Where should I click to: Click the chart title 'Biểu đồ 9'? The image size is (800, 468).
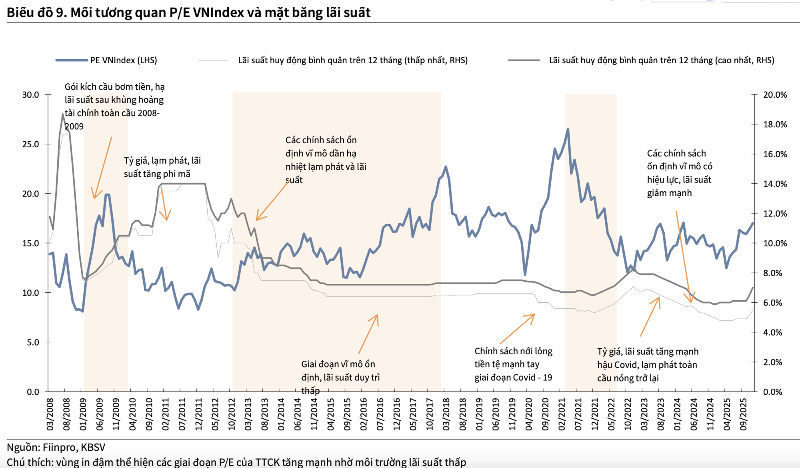click(188, 13)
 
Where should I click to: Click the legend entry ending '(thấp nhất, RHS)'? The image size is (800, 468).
click(352, 60)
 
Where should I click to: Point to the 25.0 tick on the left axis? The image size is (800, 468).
click(31, 145)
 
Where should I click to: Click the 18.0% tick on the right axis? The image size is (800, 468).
click(775, 125)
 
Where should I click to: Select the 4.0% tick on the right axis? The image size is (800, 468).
click(772, 332)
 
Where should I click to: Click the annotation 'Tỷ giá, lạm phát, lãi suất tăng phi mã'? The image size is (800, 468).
click(162, 167)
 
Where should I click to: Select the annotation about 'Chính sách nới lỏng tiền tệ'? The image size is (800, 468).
click(513, 364)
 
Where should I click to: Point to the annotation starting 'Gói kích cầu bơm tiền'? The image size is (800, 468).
click(114, 106)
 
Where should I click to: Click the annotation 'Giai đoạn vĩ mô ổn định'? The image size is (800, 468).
click(340, 377)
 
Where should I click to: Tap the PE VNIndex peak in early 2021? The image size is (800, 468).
click(568, 129)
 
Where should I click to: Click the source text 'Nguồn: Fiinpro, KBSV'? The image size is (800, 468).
click(56, 447)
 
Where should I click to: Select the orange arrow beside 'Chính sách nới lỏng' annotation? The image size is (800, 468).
click(517, 329)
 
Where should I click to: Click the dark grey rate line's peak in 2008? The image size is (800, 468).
click(63, 114)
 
